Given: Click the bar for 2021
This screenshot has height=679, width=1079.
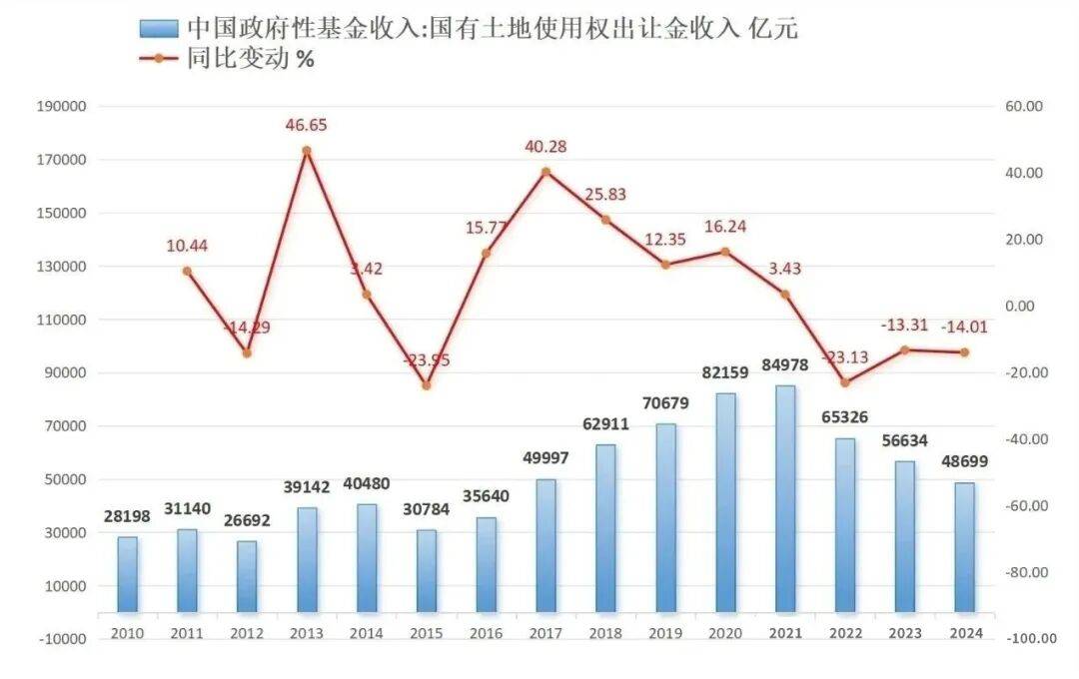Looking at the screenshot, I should (785, 498).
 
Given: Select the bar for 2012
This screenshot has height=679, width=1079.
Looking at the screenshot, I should (247, 576).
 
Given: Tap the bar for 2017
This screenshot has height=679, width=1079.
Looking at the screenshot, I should (545, 545).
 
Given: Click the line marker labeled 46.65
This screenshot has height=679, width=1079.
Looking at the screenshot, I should (307, 151).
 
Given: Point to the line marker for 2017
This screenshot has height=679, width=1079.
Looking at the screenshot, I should (545, 172).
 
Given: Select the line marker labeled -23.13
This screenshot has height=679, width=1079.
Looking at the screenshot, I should (845, 382).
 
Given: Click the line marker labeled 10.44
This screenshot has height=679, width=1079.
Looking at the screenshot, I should (187, 271).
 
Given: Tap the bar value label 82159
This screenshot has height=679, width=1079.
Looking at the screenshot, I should (726, 372).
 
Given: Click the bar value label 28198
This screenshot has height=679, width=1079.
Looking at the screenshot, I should (128, 516).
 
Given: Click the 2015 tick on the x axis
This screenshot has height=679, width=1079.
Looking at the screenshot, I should (426, 633).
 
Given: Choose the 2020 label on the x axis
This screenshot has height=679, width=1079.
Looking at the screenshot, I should (725, 633).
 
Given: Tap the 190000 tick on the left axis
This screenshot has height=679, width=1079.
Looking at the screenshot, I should (63, 107).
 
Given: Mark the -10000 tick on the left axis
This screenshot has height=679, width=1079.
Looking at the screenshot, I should (63, 639).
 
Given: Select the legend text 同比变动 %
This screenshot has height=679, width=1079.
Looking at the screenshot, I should (250, 58).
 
